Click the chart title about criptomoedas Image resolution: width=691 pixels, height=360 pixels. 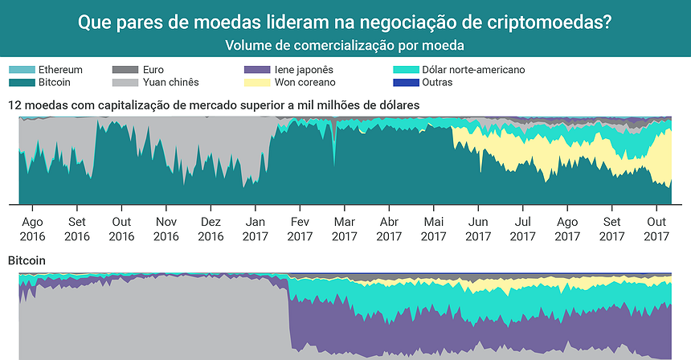click(x=345, y=22)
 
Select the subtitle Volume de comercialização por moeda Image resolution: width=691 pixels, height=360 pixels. click(x=345, y=45)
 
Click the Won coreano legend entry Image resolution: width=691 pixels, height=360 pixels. click(x=305, y=82)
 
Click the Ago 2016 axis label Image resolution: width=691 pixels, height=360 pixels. click(x=32, y=229)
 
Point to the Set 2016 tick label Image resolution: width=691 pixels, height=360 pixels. click(x=77, y=229)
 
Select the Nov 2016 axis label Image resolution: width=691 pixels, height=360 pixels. click(x=166, y=229)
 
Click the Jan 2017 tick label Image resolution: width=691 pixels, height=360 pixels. click(x=256, y=229)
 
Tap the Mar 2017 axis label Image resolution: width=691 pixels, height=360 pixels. click(x=344, y=229)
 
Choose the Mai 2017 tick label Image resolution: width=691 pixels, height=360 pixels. click(x=433, y=229)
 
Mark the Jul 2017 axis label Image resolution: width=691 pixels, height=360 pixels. click(x=522, y=229)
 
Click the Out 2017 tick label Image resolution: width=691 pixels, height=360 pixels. click(x=656, y=229)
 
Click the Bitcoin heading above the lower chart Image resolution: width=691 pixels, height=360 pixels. click(x=27, y=261)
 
